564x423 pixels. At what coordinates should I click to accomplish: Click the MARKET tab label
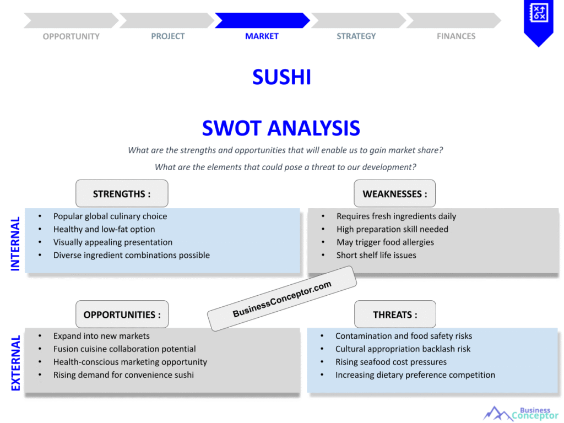pyautogui.click(x=262, y=36)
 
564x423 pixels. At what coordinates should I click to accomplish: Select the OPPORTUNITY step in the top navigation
pyautogui.click(x=71, y=36)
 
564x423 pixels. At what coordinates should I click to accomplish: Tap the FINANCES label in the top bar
pyautogui.click(x=456, y=36)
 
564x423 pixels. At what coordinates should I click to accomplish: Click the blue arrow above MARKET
pyautogui.click(x=262, y=20)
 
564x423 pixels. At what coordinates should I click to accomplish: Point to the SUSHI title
pyautogui.click(x=281, y=77)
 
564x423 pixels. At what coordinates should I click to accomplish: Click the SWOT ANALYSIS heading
pyautogui.click(x=281, y=128)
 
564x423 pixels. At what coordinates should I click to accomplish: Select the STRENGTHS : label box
pyautogui.click(x=122, y=194)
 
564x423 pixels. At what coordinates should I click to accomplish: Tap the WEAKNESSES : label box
pyautogui.click(x=394, y=194)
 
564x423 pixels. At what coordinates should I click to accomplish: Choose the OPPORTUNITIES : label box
pyautogui.click(x=122, y=314)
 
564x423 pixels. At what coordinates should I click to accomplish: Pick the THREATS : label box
pyautogui.click(x=395, y=314)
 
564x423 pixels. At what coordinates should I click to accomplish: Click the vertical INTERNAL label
pyautogui.click(x=15, y=243)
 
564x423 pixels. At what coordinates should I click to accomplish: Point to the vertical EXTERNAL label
pyautogui.click(x=15, y=363)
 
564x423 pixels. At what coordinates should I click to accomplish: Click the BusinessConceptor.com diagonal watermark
pyautogui.click(x=282, y=299)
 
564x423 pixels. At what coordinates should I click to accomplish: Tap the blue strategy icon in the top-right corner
pyautogui.click(x=538, y=17)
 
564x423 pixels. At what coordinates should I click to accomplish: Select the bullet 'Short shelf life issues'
pyautogui.click(x=376, y=255)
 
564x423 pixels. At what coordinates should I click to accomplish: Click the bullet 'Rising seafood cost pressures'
pyautogui.click(x=391, y=362)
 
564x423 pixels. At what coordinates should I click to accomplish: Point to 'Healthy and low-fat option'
pyautogui.click(x=104, y=229)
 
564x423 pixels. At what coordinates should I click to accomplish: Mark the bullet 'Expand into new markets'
pyautogui.click(x=101, y=336)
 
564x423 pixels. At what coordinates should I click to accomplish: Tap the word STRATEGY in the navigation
pyautogui.click(x=356, y=36)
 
